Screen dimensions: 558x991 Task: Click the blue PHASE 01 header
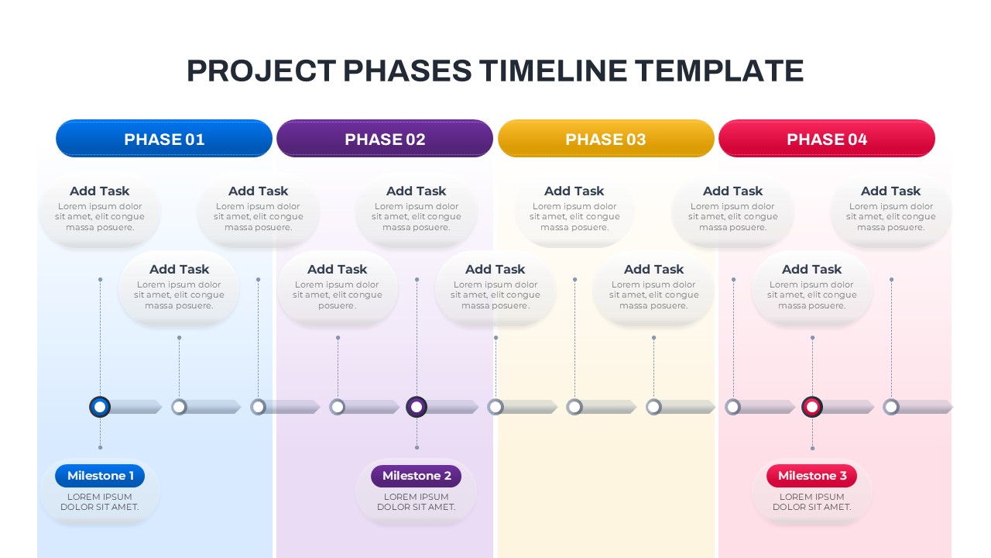pyautogui.click(x=164, y=139)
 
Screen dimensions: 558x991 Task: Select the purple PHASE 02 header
pyautogui.click(x=385, y=139)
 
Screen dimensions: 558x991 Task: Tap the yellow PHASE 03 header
pyautogui.click(x=605, y=139)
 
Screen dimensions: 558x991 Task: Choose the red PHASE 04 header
pyautogui.click(x=826, y=139)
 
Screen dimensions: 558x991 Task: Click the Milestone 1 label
pyautogui.click(x=100, y=476)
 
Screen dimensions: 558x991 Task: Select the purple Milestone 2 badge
pyautogui.click(x=416, y=476)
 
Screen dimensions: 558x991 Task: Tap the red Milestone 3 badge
pyautogui.click(x=811, y=476)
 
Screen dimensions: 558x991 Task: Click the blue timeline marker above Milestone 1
pyautogui.click(x=100, y=407)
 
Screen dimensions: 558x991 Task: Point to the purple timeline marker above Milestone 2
pyautogui.click(x=417, y=407)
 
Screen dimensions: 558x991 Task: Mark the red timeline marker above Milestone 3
pyautogui.click(x=811, y=407)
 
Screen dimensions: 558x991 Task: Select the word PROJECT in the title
pyautogui.click(x=261, y=71)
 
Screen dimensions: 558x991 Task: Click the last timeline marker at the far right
pyautogui.click(x=891, y=407)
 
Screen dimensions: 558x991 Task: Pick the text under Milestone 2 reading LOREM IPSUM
pyautogui.click(x=416, y=497)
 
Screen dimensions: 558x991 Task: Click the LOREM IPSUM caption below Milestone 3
pyautogui.click(x=811, y=497)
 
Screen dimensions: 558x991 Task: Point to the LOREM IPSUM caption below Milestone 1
pyautogui.click(x=100, y=497)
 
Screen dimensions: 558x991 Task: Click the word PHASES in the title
pyautogui.click(x=406, y=71)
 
